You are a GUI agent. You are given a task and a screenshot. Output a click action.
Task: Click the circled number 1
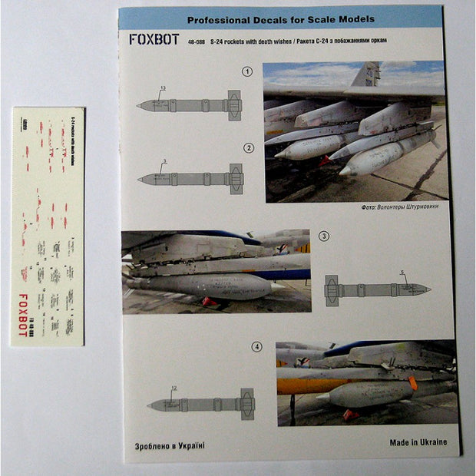pos(247,72)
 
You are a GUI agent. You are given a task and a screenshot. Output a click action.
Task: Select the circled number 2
pos(248,147)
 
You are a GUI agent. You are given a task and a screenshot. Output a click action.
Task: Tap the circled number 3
pos(324,236)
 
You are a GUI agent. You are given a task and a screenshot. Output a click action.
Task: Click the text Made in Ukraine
pos(418,442)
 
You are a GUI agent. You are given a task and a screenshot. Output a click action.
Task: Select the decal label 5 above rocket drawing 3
pos(402,273)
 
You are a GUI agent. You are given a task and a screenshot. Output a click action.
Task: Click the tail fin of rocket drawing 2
pos(236,179)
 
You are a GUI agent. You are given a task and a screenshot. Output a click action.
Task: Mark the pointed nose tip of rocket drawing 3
pos(428,289)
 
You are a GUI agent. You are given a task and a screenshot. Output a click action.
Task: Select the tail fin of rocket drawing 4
pos(246,404)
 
